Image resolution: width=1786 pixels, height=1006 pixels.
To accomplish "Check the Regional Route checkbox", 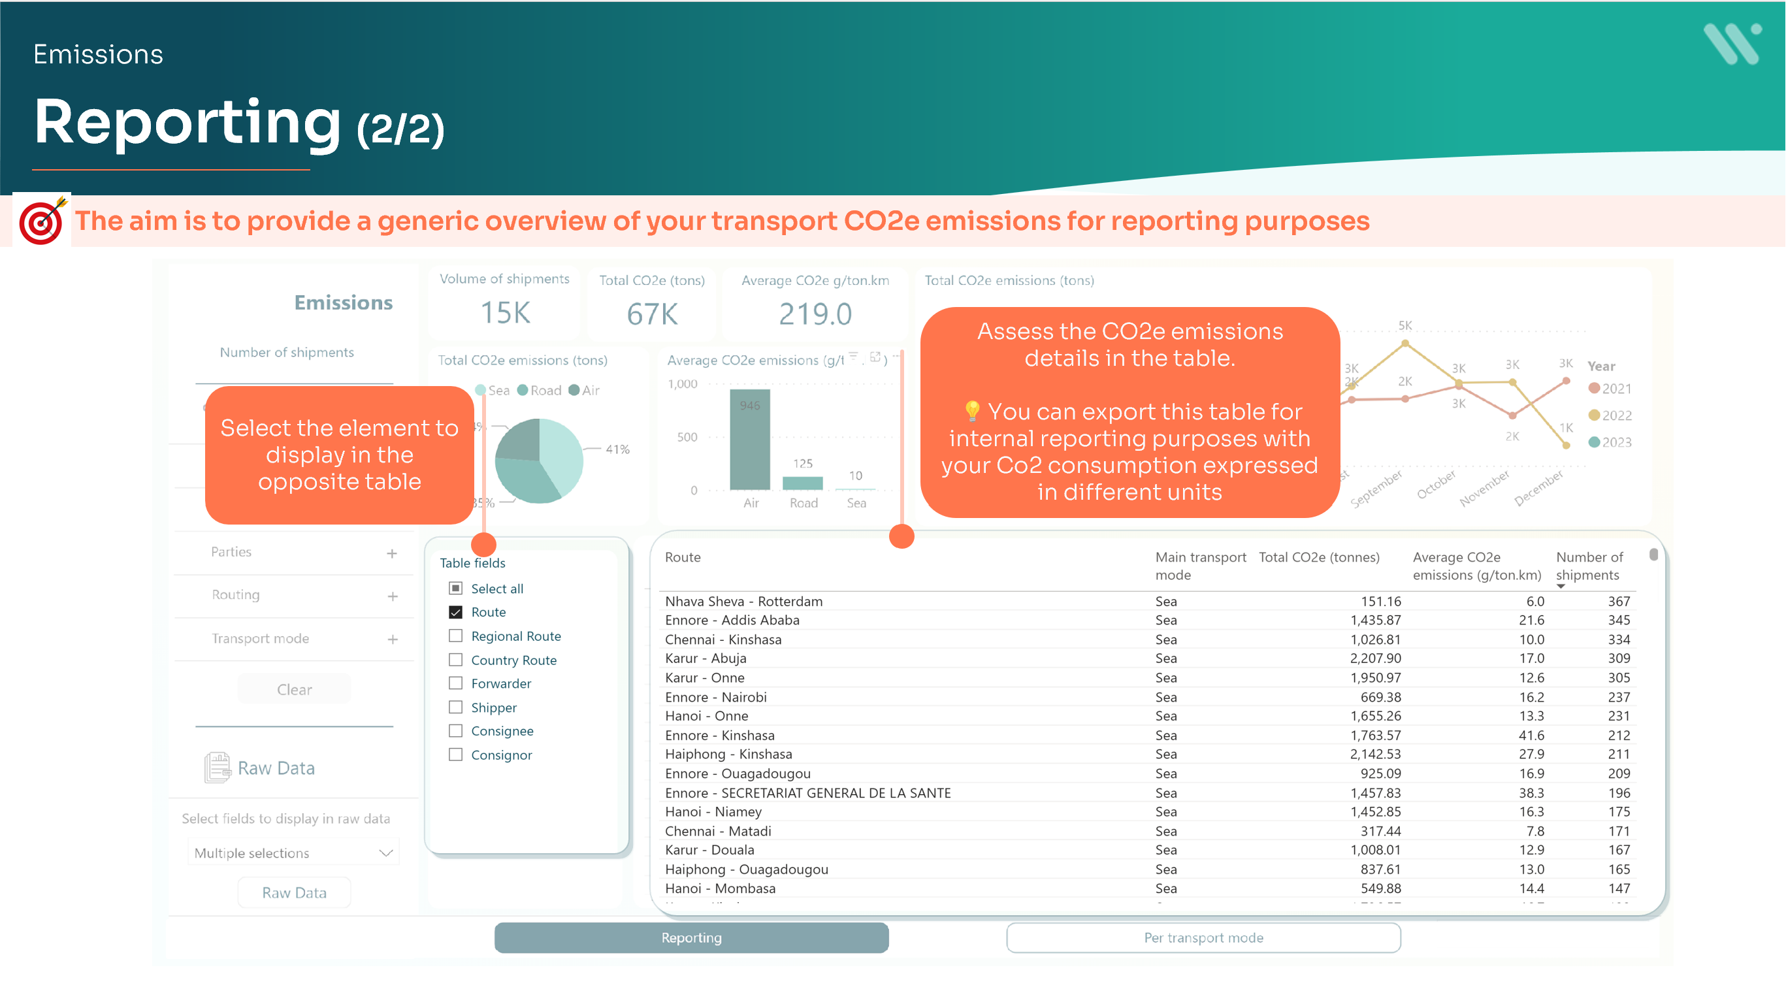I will (x=455, y=636).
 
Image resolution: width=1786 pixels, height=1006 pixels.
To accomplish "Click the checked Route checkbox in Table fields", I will (x=455, y=612).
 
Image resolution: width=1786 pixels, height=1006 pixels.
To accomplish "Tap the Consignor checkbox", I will (x=455, y=755).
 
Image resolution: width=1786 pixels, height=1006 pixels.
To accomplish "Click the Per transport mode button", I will (x=1203, y=937).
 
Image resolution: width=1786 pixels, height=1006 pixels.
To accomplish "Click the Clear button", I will (x=294, y=689).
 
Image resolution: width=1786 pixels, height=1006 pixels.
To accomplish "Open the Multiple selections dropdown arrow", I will (x=386, y=852).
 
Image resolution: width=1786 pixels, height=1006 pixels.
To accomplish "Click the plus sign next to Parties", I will (x=393, y=553).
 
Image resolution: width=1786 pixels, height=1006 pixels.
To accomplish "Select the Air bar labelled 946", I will (x=749, y=440).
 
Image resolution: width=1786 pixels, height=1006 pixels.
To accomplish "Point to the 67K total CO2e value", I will (x=652, y=314).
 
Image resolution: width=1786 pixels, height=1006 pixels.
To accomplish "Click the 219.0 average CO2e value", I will (x=815, y=314).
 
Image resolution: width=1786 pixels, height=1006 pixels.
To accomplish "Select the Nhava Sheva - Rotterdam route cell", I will (x=743, y=601).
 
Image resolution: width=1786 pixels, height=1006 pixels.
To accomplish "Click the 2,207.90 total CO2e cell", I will (x=1375, y=658).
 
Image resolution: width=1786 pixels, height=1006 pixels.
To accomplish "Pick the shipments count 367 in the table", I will (x=1619, y=601).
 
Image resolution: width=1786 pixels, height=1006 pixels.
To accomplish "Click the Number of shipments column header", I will (x=1589, y=566).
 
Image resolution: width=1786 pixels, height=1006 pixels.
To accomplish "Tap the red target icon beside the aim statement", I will (x=42, y=221).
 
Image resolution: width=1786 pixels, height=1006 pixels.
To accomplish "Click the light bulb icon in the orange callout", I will (x=972, y=411).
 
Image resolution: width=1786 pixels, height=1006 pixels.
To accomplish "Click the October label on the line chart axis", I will (x=1436, y=485).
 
